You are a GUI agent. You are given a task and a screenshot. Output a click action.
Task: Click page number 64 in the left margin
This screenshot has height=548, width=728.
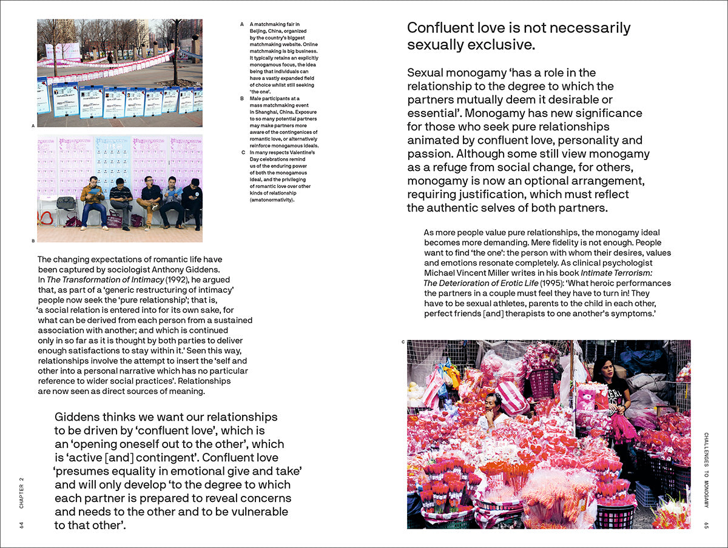[22, 524]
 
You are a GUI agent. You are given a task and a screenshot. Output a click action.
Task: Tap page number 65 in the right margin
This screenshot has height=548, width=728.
[706, 525]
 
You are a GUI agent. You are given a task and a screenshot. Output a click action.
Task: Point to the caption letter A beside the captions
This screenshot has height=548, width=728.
[242, 25]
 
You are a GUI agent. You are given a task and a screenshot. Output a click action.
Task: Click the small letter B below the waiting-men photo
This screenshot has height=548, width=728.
[33, 241]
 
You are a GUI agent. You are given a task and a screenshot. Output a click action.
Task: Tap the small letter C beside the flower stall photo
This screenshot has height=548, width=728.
[403, 342]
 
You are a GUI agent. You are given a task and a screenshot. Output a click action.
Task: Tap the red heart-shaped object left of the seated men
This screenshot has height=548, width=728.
[46, 218]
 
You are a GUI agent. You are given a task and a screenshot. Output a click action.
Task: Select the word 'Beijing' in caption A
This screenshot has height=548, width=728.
[261, 32]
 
